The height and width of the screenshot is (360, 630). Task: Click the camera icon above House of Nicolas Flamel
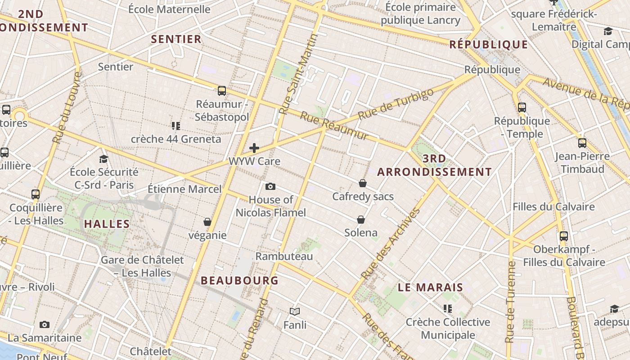click(270, 186)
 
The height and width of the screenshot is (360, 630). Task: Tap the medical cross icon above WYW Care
click(254, 148)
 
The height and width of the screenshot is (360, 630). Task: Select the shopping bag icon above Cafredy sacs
click(363, 183)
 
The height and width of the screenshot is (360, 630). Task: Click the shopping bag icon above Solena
click(361, 220)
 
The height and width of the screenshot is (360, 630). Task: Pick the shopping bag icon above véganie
click(207, 222)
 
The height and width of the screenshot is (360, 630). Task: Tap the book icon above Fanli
click(295, 311)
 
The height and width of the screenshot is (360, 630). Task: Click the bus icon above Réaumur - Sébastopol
click(222, 91)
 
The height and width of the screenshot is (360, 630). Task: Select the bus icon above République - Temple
click(522, 108)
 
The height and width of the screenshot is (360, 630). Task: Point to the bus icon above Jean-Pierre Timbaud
click(582, 143)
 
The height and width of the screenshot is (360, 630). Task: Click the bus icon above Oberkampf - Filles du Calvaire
click(564, 236)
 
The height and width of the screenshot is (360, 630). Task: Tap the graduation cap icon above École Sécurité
click(104, 159)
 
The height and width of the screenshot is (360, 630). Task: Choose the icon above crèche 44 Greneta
click(176, 126)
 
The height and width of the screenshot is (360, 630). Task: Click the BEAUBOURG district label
click(239, 280)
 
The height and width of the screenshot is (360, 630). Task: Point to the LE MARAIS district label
click(430, 288)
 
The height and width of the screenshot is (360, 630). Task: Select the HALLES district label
click(107, 224)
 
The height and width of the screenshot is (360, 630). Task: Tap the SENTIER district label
click(176, 39)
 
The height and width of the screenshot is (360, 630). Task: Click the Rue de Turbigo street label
click(396, 105)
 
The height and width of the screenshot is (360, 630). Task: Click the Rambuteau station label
click(284, 256)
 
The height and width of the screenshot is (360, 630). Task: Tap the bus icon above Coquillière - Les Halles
click(36, 194)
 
